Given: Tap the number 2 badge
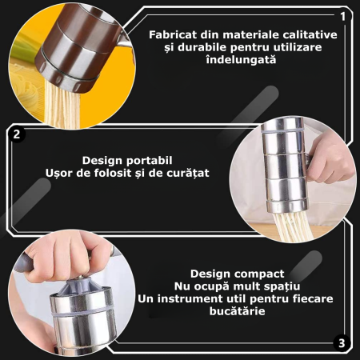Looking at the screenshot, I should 17,134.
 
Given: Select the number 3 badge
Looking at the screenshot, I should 342,343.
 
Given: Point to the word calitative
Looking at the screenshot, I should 306,35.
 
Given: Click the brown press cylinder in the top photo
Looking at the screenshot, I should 77,44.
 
